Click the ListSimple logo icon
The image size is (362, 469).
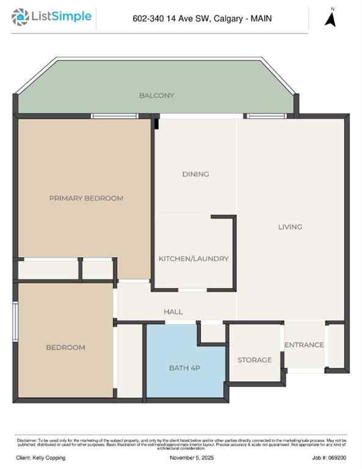pyautogui.click(x=21, y=17)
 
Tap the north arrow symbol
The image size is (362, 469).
pyautogui.click(x=331, y=18)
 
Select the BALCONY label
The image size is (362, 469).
pyautogui.click(x=156, y=95)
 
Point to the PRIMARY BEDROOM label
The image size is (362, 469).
pyautogui.click(x=86, y=198)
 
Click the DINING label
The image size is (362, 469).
pyautogui.click(x=195, y=174)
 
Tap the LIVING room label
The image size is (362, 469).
pyautogui.click(x=290, y=227)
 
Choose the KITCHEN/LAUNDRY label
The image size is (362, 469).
pyautogui.click(x=194, y=259)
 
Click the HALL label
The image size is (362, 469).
pyautogui.click(x=173, y=312)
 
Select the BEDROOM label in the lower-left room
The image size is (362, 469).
pyautogui.click(x=65, y=347)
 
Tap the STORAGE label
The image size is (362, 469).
pyautogui.click(x=255, y=360)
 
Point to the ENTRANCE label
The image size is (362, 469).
pyautogui.click(x=304, y=345)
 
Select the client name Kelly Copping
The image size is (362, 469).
pyautogui.click(x=41, y=458)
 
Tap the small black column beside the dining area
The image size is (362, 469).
pyautogui.click(x=156, y=123)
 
